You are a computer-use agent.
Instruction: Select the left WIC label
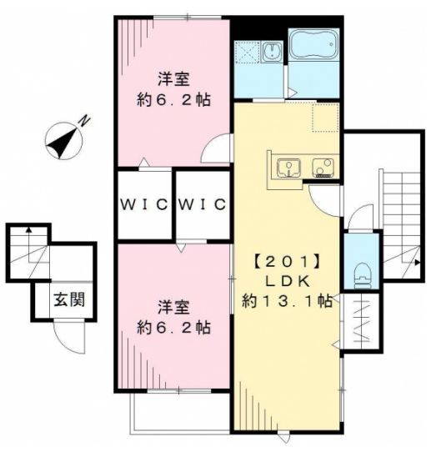pos(144,204)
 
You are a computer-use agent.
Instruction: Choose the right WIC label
pos(202,204)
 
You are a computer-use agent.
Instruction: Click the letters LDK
pos(285,279)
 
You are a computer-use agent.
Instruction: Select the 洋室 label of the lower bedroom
pos(174,305)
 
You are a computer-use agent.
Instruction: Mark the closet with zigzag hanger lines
pos(362,322)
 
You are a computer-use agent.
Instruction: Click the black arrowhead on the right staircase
pos(417,263)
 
